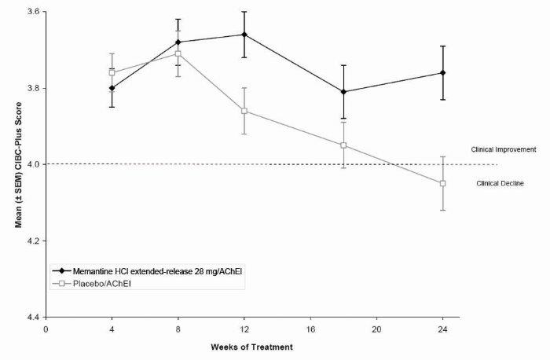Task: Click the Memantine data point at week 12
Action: tap(244, 35)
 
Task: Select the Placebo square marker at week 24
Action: tap(443, 183)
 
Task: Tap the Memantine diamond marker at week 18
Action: tap(343, 92)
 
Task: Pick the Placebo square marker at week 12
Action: tap(244, 111)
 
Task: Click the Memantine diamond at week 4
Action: tap(112, 88)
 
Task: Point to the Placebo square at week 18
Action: tap(343, 145)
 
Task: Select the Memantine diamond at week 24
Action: tap(443, 73)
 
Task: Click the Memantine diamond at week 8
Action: tap(178, 42)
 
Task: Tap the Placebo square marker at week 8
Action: tap(178, 53)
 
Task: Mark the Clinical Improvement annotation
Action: tap(503, 149)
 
